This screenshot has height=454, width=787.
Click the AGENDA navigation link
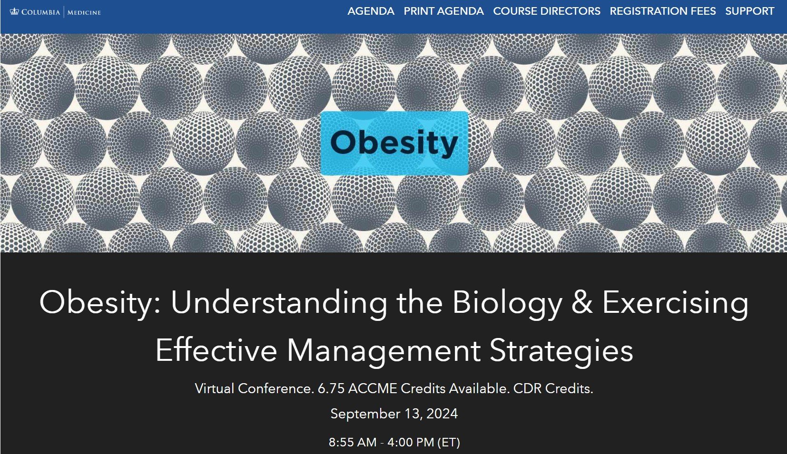[371, 11]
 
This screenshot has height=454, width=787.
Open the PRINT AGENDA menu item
[443, 11]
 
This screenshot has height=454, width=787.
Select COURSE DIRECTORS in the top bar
[547, 11]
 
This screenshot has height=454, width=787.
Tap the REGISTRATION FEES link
[663, 11]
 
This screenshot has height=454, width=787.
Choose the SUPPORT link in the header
[750, 11]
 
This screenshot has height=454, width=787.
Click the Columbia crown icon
[14, 12]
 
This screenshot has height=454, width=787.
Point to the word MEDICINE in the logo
[84, 13]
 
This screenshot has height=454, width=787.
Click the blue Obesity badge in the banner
[394, 143]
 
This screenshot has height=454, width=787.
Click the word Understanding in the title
[279, 303]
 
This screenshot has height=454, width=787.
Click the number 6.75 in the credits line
[331, 389]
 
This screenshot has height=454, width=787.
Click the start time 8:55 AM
[353, 443]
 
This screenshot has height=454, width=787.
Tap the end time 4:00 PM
[411, 443]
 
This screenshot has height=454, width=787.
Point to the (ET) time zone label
[449, 443]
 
